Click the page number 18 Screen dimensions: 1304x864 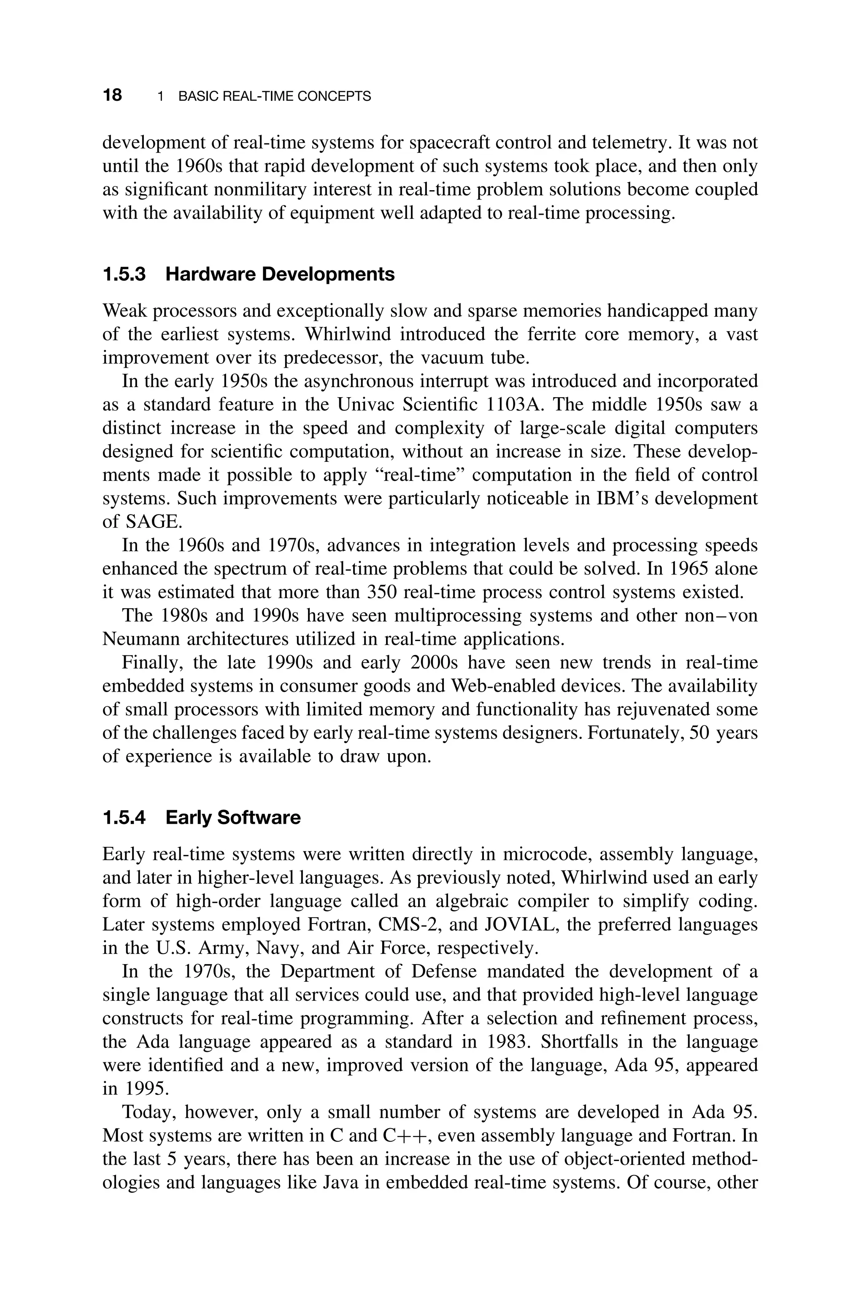tap(112, 95)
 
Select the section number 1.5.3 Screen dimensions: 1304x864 tap(124, 274)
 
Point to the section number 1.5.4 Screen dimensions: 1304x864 tap(124, 818)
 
